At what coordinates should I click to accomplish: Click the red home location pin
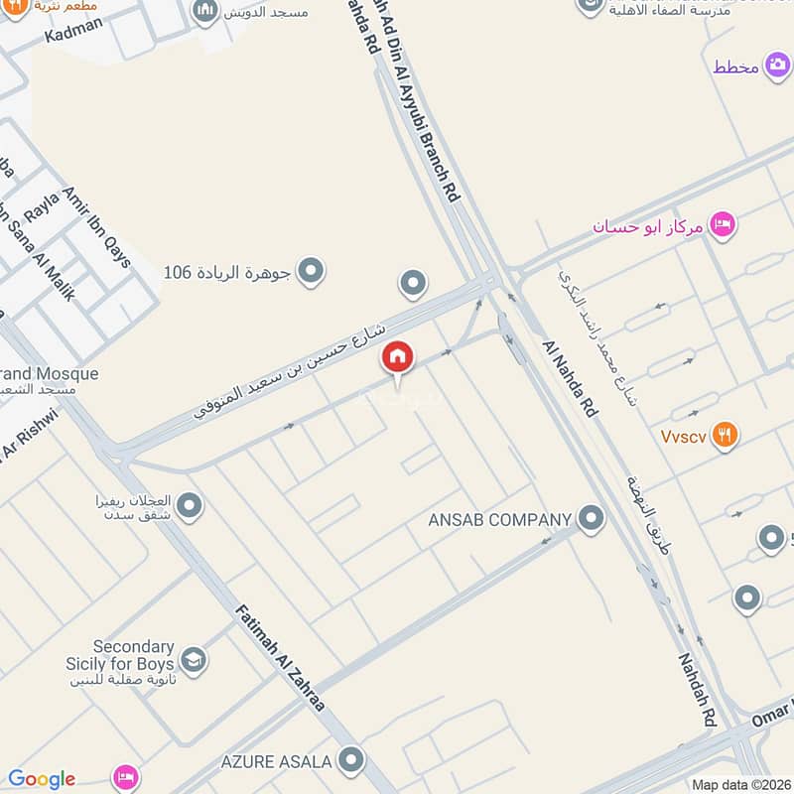point(398,358)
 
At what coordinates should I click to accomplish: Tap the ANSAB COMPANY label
point(499,519)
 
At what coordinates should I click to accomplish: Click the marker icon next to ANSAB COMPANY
point(592,518)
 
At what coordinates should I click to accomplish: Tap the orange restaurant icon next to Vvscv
point(726,435)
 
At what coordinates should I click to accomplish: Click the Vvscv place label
point(683,436)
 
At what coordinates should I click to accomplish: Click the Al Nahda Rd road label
point(571,377)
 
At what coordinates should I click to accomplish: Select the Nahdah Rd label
point(698,689)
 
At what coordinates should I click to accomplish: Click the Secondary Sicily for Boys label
point(133,655)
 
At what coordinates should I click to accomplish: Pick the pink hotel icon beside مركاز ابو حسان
point(723,225)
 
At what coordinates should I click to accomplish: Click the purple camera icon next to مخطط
point(778,66)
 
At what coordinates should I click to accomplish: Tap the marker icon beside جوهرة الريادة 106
point(312,271)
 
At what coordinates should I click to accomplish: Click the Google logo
point(42,779)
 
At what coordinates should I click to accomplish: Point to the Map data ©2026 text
point(741,785)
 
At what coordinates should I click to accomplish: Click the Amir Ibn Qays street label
point(96,227)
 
